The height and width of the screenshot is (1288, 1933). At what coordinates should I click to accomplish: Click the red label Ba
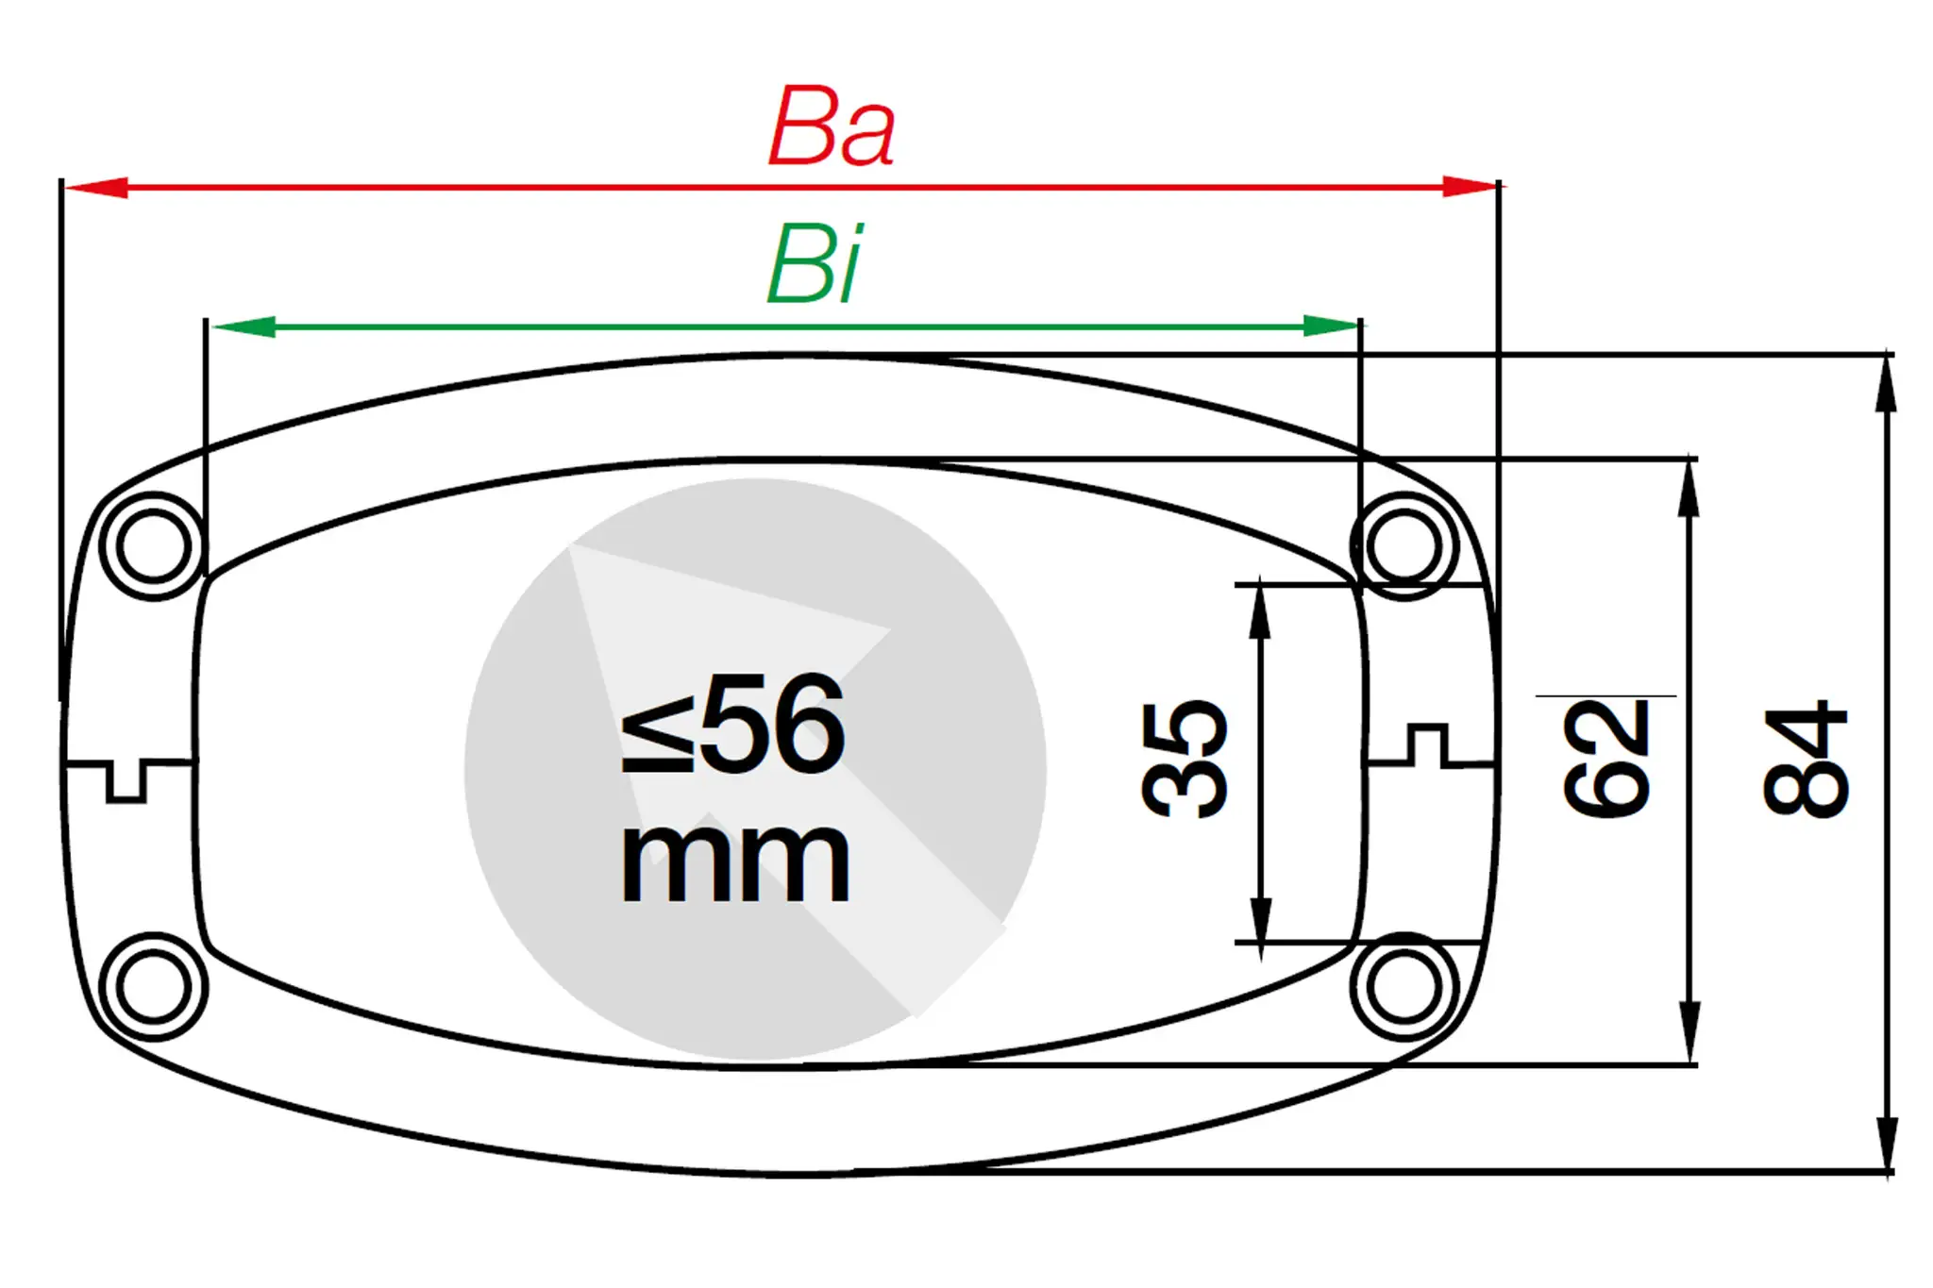pyautogui.click(x=831, y=127)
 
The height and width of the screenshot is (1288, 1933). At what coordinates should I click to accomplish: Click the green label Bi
pyautogui.click(x=814, y=265)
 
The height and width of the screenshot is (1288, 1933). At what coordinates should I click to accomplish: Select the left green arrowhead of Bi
pyautogui.click(x=244, y=326)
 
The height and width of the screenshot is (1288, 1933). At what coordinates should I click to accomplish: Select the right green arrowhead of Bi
pyautogui.click(x=1331, y=326)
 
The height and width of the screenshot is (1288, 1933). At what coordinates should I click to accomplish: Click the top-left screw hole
pyautogui.click(x=153, y=546)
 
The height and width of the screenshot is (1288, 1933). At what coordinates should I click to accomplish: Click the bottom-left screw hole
pyautogui.click(x=153, y=987)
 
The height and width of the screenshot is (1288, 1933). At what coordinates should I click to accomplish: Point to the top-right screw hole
pyautogui.click(x=1404, y=545)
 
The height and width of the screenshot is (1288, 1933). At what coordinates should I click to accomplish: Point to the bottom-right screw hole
pyautogui.click(x=1404, y=986)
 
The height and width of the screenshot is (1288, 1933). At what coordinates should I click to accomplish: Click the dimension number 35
pyautogui.click(x=1184, y=759)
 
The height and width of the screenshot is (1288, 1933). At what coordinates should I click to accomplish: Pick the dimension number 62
pyautogui.click(x=1605, y=759)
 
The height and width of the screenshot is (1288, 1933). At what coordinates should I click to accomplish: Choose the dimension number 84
pyautogui.click(x=1805, y=759)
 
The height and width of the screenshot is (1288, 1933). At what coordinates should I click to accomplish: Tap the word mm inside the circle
pyautogui.click(x=734, y=861)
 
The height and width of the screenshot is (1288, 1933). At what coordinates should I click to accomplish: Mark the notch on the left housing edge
pyautogui.click(x=126, y=781)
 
